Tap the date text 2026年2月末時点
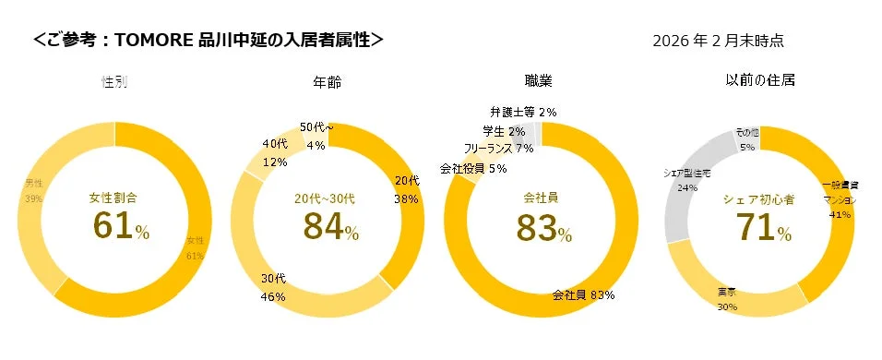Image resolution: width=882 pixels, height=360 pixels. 717,41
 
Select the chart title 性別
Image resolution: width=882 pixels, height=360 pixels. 113,82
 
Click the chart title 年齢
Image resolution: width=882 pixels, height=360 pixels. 328,82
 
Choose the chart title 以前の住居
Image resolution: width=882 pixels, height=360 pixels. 760,81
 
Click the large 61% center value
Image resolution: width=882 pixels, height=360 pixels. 120,225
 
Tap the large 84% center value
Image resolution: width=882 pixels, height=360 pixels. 330,225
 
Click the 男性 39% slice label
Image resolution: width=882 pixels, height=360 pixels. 34,191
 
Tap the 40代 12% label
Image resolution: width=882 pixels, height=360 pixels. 275,153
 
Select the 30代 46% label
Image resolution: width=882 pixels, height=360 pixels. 272,287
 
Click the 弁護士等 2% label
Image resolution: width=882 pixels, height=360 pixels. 522,112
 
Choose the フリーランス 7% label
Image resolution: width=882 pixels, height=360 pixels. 498,148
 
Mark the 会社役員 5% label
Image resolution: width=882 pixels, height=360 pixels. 472,169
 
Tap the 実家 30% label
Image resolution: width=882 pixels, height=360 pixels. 726,299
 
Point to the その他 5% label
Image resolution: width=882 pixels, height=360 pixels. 746,139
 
